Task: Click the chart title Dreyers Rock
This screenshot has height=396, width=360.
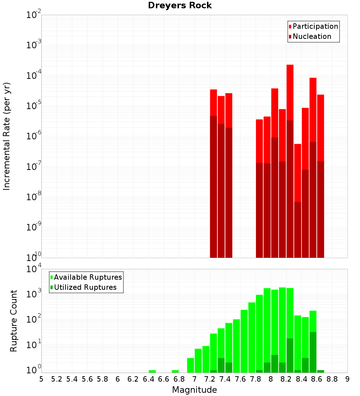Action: tap(180, 5)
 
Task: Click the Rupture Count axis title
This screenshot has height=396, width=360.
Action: tap(14, 321)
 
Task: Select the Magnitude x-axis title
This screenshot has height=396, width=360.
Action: tap(194, 390)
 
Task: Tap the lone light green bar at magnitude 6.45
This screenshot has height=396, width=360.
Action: tap(152, 371)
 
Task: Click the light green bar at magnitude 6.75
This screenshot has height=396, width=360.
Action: tap(175, 371)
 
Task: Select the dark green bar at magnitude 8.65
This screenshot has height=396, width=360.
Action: tap(321, 371)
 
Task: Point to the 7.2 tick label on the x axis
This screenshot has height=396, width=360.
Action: tap(210, 379)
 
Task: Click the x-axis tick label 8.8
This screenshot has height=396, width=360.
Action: tap(332, 379)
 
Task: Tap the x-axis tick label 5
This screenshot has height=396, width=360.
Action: tap(41, 379)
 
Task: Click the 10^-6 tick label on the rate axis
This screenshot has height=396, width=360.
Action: tap(34, 136)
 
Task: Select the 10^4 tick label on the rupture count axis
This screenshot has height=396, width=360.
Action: tap(34, 269)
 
